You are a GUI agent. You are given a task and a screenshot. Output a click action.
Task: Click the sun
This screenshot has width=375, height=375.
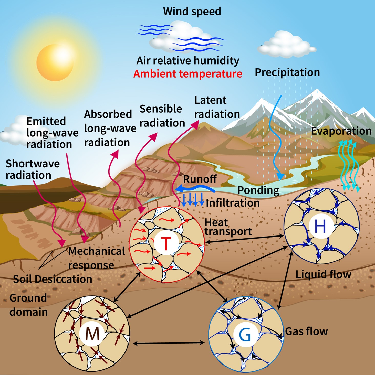point(55,63)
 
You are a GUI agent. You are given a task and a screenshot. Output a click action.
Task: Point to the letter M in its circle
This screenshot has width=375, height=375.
point(92,334)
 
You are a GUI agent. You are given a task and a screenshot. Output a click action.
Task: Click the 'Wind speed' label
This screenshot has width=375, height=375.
point(192,12)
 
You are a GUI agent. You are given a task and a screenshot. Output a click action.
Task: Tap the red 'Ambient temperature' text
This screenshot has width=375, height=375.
point(188,74)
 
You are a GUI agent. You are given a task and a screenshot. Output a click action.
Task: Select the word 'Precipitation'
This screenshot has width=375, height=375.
point(287,72)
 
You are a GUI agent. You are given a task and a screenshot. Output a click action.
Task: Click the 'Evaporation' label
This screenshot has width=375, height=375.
point(341,131)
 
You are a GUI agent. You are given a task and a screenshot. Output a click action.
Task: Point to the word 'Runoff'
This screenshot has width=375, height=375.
point(200,179)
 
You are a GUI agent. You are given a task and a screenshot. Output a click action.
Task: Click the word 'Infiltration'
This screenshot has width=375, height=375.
point(233,203)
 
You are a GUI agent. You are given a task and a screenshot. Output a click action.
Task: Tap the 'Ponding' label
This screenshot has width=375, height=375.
point(258,190)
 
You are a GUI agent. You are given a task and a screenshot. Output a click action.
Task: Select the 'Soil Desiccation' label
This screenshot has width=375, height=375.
point(53,279)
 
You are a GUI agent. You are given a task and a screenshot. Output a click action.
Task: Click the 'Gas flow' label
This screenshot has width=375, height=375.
point(306,331)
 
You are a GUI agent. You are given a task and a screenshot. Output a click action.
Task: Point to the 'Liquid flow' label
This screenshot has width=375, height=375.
point(323,274)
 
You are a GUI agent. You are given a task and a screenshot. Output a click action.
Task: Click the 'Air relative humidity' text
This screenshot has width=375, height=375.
point(188,61)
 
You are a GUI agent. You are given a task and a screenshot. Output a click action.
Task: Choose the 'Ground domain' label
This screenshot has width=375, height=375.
point(28,305)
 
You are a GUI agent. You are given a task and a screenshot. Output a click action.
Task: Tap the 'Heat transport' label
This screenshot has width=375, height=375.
point(228,227)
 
